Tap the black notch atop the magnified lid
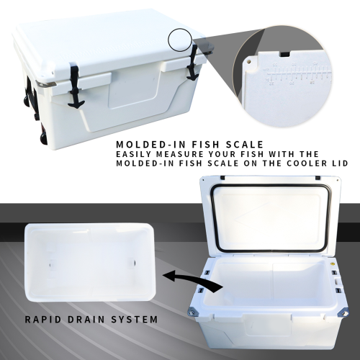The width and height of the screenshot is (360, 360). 283,53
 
